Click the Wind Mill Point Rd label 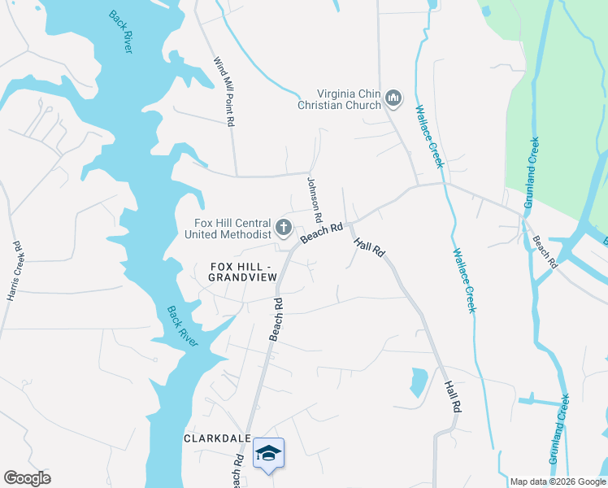tap(224, 91)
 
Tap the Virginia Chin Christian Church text tap(339, 99)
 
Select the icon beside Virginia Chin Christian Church tap(394, 99)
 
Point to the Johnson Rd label tap(315, 202)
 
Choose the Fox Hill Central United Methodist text tap(228, 229)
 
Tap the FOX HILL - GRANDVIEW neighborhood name tap(244, 272)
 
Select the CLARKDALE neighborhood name tap(216, 438)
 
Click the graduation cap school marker tap(269, 454)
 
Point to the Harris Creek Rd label tap(15, 271)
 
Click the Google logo tap(27, 478)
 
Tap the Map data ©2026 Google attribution tap(558, 481)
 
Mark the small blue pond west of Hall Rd tap(419, 380)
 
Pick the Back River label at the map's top tap(121, 32)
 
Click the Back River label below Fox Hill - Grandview tap(182, 326)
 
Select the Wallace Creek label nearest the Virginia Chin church tap(429, 136)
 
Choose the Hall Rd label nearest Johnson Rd tap(368, 248)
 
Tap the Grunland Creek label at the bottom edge tap(558, 429)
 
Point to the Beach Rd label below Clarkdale tap(237, 470)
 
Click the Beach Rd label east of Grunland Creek tap(545, 252)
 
